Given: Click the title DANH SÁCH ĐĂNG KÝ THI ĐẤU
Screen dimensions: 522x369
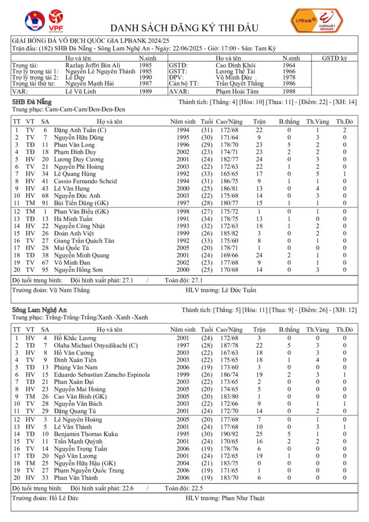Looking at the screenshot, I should coord(184,28).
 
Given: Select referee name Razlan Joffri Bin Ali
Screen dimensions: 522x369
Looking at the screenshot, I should coord(93,65).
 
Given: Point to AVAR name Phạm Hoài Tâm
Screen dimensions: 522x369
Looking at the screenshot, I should coord(237,91).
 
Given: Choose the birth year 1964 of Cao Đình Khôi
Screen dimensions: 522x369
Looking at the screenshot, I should coord(288,65).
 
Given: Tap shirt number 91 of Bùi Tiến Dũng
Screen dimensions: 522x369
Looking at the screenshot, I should coord(45,202).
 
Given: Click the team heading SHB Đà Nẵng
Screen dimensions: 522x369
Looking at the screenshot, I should coord(32,102).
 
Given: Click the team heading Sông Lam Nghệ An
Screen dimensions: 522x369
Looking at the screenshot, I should coord(39,309).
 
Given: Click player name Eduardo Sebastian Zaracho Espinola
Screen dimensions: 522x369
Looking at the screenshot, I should coord(102,375).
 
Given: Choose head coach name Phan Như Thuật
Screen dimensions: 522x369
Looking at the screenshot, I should coord(243,498).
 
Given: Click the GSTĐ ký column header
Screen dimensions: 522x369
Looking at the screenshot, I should coord(334,58).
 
